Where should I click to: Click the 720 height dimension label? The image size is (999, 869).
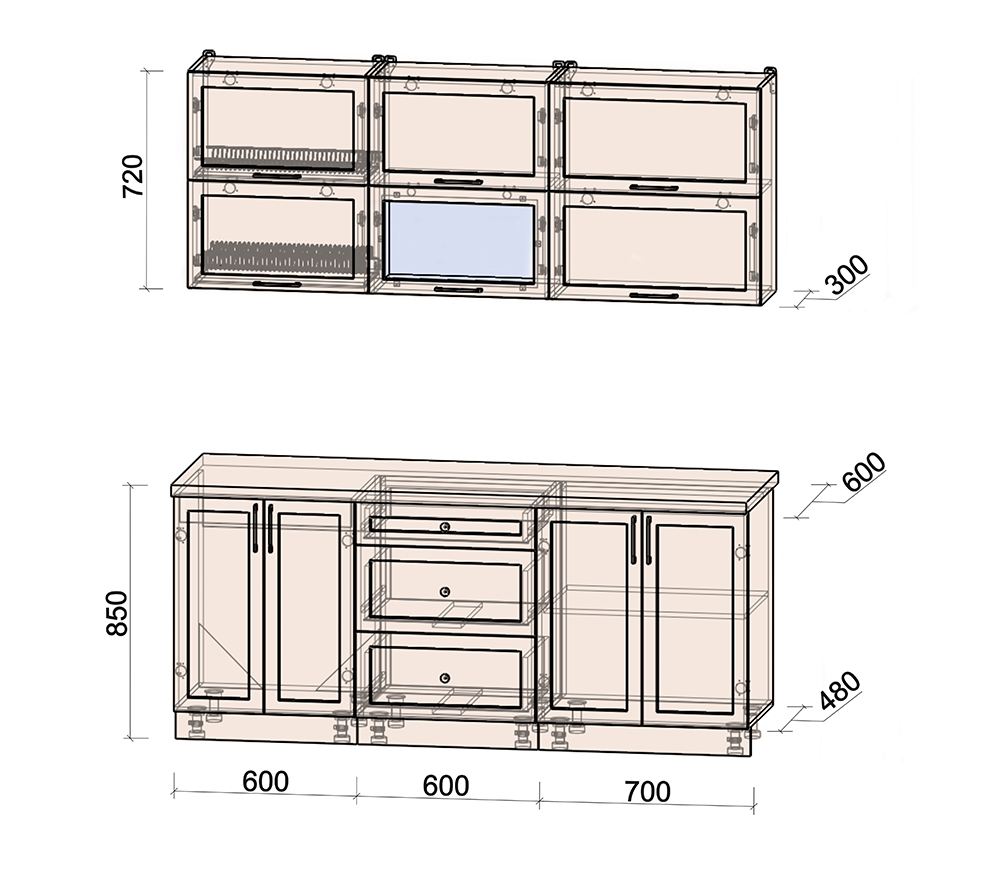point(134,175)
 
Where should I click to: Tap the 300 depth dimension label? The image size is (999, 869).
point(847,275)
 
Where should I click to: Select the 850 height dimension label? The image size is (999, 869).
point(117,613)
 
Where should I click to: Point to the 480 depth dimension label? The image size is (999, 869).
point(841,690)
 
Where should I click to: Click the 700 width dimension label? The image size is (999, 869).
point(648,792)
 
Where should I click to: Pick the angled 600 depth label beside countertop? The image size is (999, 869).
point(864,472)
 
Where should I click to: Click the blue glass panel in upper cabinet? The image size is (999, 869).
point(459,241)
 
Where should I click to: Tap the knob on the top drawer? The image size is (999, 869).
point(445,526)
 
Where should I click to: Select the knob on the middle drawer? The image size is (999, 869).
point(445,592)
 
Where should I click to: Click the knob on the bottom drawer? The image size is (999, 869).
point(445,678)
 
